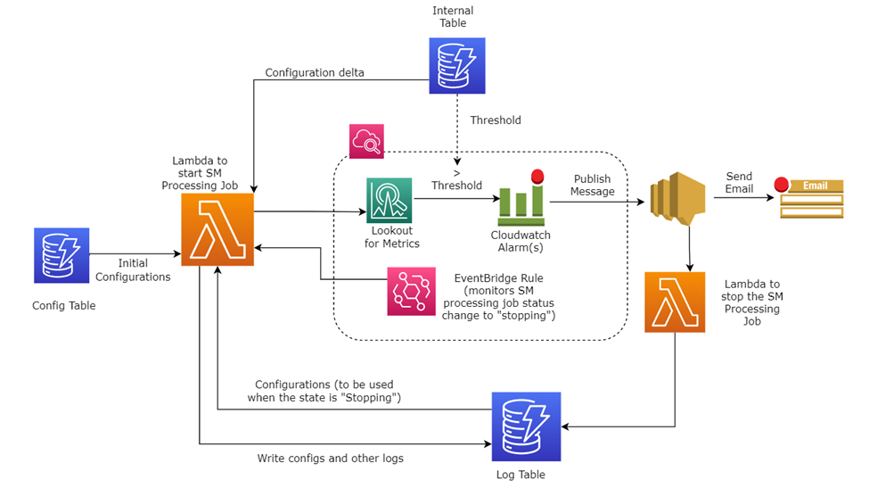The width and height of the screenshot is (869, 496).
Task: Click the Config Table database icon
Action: (x=61, y=255)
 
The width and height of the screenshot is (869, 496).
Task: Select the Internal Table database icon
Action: (x=457, y=65)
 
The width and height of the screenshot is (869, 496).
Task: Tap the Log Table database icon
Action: (x=526, y=426)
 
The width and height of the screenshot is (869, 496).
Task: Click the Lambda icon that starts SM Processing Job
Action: (x=217, y=229)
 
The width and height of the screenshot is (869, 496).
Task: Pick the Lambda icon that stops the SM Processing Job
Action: (x=675, y=302)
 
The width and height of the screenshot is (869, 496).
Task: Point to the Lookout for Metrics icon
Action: (x=389, y=200)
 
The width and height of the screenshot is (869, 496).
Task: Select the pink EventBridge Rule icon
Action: (x=411, y=292)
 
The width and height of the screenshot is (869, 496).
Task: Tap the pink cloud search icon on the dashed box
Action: (x=366, y=142)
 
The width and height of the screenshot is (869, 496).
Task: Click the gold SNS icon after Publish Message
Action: (x=677, y=198)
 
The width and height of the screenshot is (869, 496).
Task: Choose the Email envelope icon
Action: (x=811, y=198)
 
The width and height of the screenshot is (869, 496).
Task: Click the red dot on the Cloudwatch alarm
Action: (x=537, y=177)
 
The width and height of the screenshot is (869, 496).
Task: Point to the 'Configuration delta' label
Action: (x=315, y=72)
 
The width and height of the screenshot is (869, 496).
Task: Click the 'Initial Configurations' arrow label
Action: (x=133, y=269)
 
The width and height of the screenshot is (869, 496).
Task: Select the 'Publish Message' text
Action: (x=593, y=186)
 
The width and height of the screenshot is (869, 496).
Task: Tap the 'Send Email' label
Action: (x=739, y=183)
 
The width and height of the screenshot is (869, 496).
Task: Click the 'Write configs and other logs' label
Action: (x=331, y=459)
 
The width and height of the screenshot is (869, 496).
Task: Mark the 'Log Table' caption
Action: (x=521, y=475)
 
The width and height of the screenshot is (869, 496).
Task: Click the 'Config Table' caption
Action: (x=64, y=306)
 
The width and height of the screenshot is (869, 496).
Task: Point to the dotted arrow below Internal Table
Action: (x=457, y=129)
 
